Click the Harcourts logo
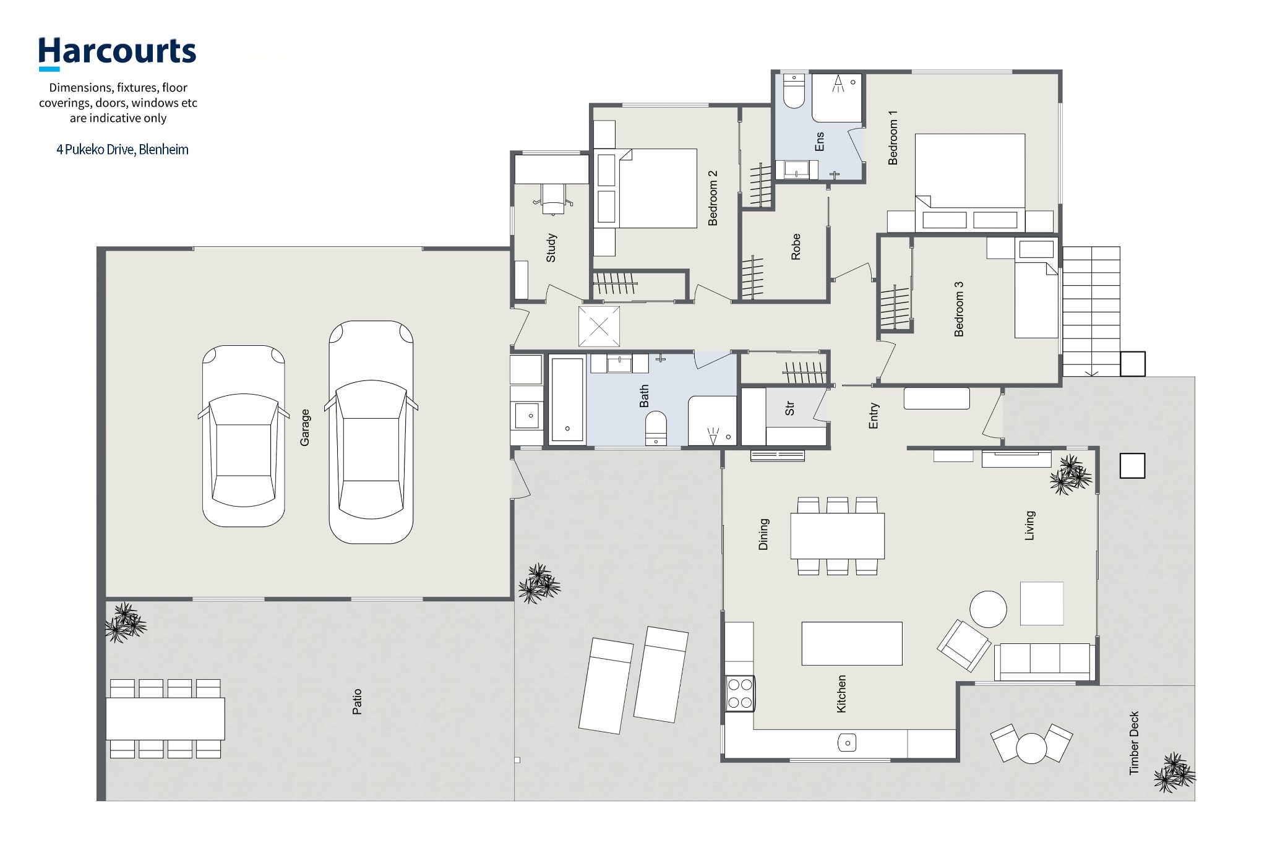117,53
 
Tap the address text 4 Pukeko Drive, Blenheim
122,150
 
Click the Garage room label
305,427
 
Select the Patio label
357,702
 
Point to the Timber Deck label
1134,742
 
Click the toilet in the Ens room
793,92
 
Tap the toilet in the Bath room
656,428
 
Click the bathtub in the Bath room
567,400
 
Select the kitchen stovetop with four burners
740,693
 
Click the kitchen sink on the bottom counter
848,742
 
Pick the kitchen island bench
852,643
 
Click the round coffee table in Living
988,609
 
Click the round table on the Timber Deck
1031,748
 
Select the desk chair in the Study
552,199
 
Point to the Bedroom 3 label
959,309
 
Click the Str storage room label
789,408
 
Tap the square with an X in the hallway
599,326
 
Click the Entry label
874,416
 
